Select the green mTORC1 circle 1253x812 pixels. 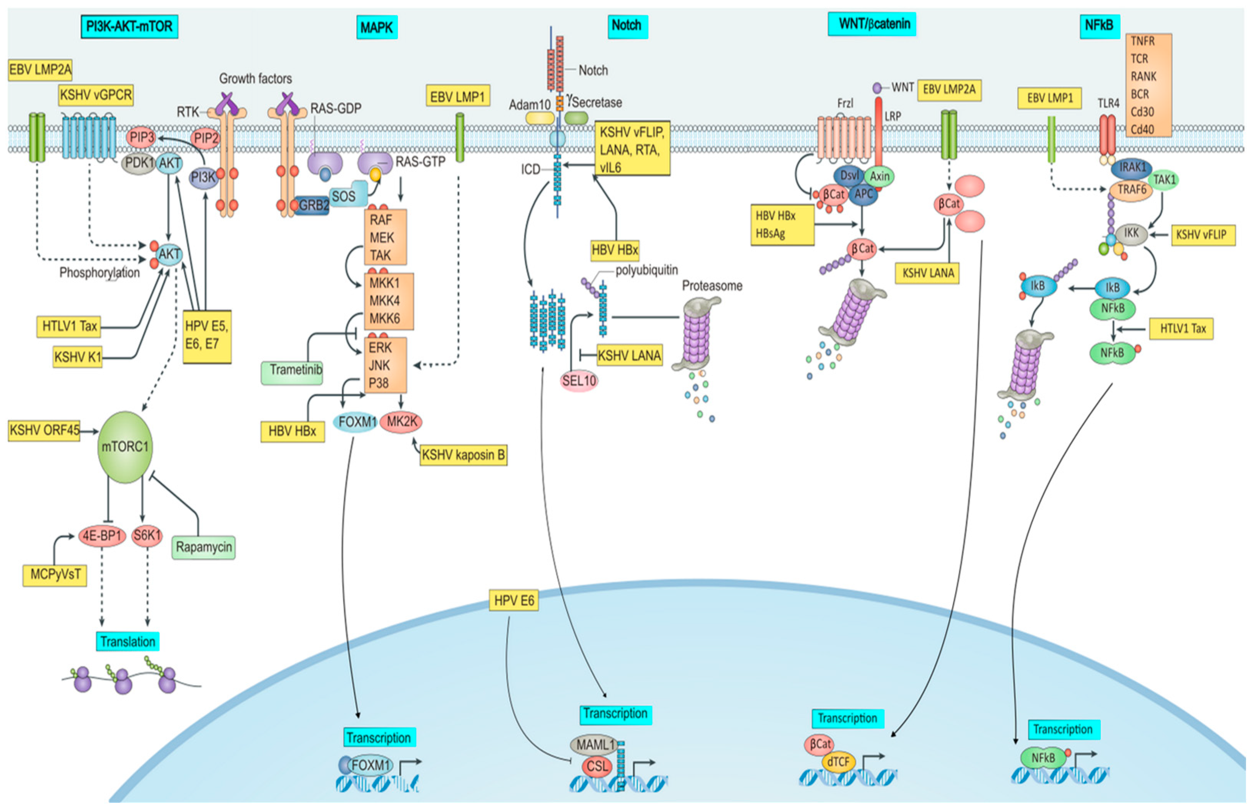click(x=125, y=447)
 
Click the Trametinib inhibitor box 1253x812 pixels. click(x=292, y=371)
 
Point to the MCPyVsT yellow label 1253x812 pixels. click(x=55, y=574)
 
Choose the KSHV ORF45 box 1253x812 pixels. click(x=44, y=431)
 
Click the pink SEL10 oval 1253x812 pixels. click(x=578, y=381)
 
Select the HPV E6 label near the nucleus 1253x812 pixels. click(x=514, y=600)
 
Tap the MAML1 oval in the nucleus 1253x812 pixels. click(x=595, y=745)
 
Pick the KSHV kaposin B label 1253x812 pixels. click(x=463, y=455)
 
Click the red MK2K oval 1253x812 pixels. click(x=402, y=421)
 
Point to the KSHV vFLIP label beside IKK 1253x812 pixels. click(x=1203, y=235)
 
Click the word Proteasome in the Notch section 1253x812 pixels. click(x=712, y=286)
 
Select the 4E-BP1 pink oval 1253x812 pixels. click(x=101, y=536)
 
